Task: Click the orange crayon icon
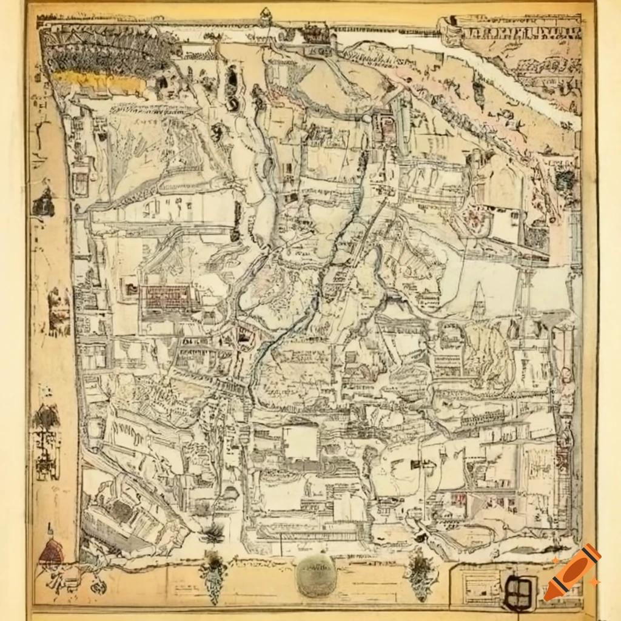(572, 572)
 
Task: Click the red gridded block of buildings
(169, 298)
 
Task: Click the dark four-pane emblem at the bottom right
(519, 591)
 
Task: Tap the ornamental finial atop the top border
(265, 16)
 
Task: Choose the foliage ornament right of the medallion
(420, 573)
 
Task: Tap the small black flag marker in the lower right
(416, 465)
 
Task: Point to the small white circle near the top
(366, 119)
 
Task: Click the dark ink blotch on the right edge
(565, 180)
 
